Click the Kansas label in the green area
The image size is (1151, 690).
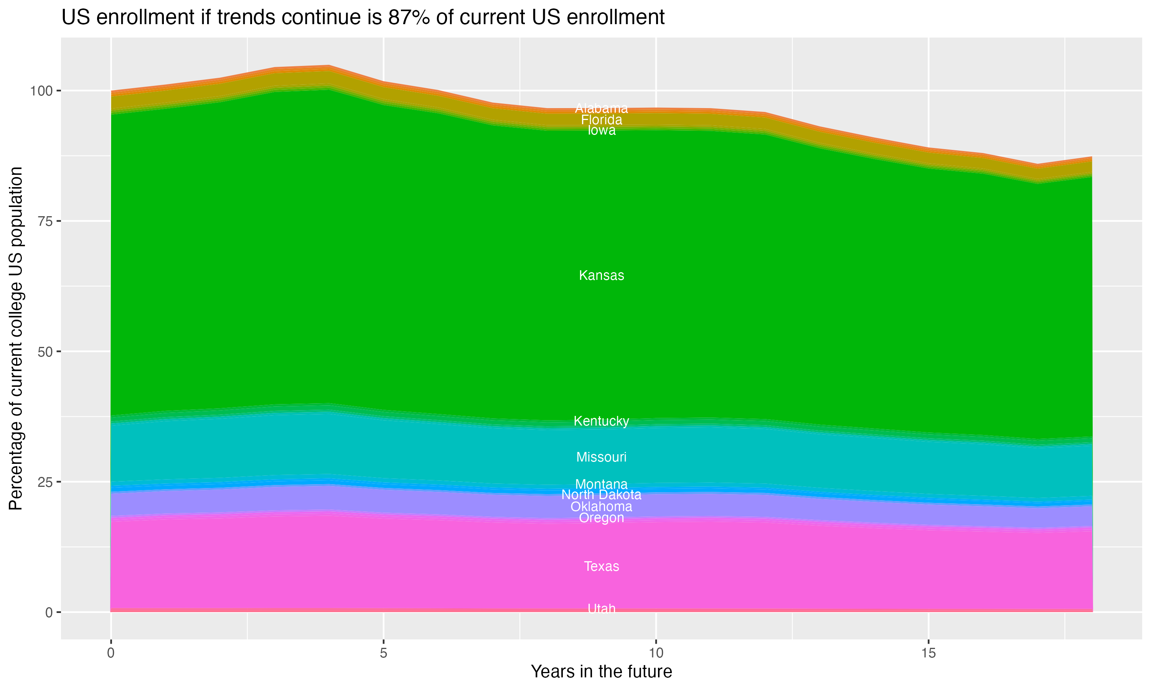click(x=601, y=275)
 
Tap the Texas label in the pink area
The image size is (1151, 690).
click(x=601, y=566)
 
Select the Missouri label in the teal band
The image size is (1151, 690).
click(x=601, y=457)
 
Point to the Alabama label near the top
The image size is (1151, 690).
click(x=601, y=108)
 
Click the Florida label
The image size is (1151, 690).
click(x=601, y=120)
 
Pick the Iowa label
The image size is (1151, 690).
click(x=601, y=131)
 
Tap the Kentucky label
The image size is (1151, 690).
click(x=601, y=421)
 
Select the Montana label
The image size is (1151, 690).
click(x=601, y=484)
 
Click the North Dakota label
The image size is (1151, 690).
click(x=601, y=495)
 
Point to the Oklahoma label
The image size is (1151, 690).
click(x=601, y=507)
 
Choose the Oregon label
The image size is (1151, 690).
click(x=601, y=517)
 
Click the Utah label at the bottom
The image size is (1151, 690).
click(x=601, y=609)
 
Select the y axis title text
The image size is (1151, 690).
click(x=16, y=338)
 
